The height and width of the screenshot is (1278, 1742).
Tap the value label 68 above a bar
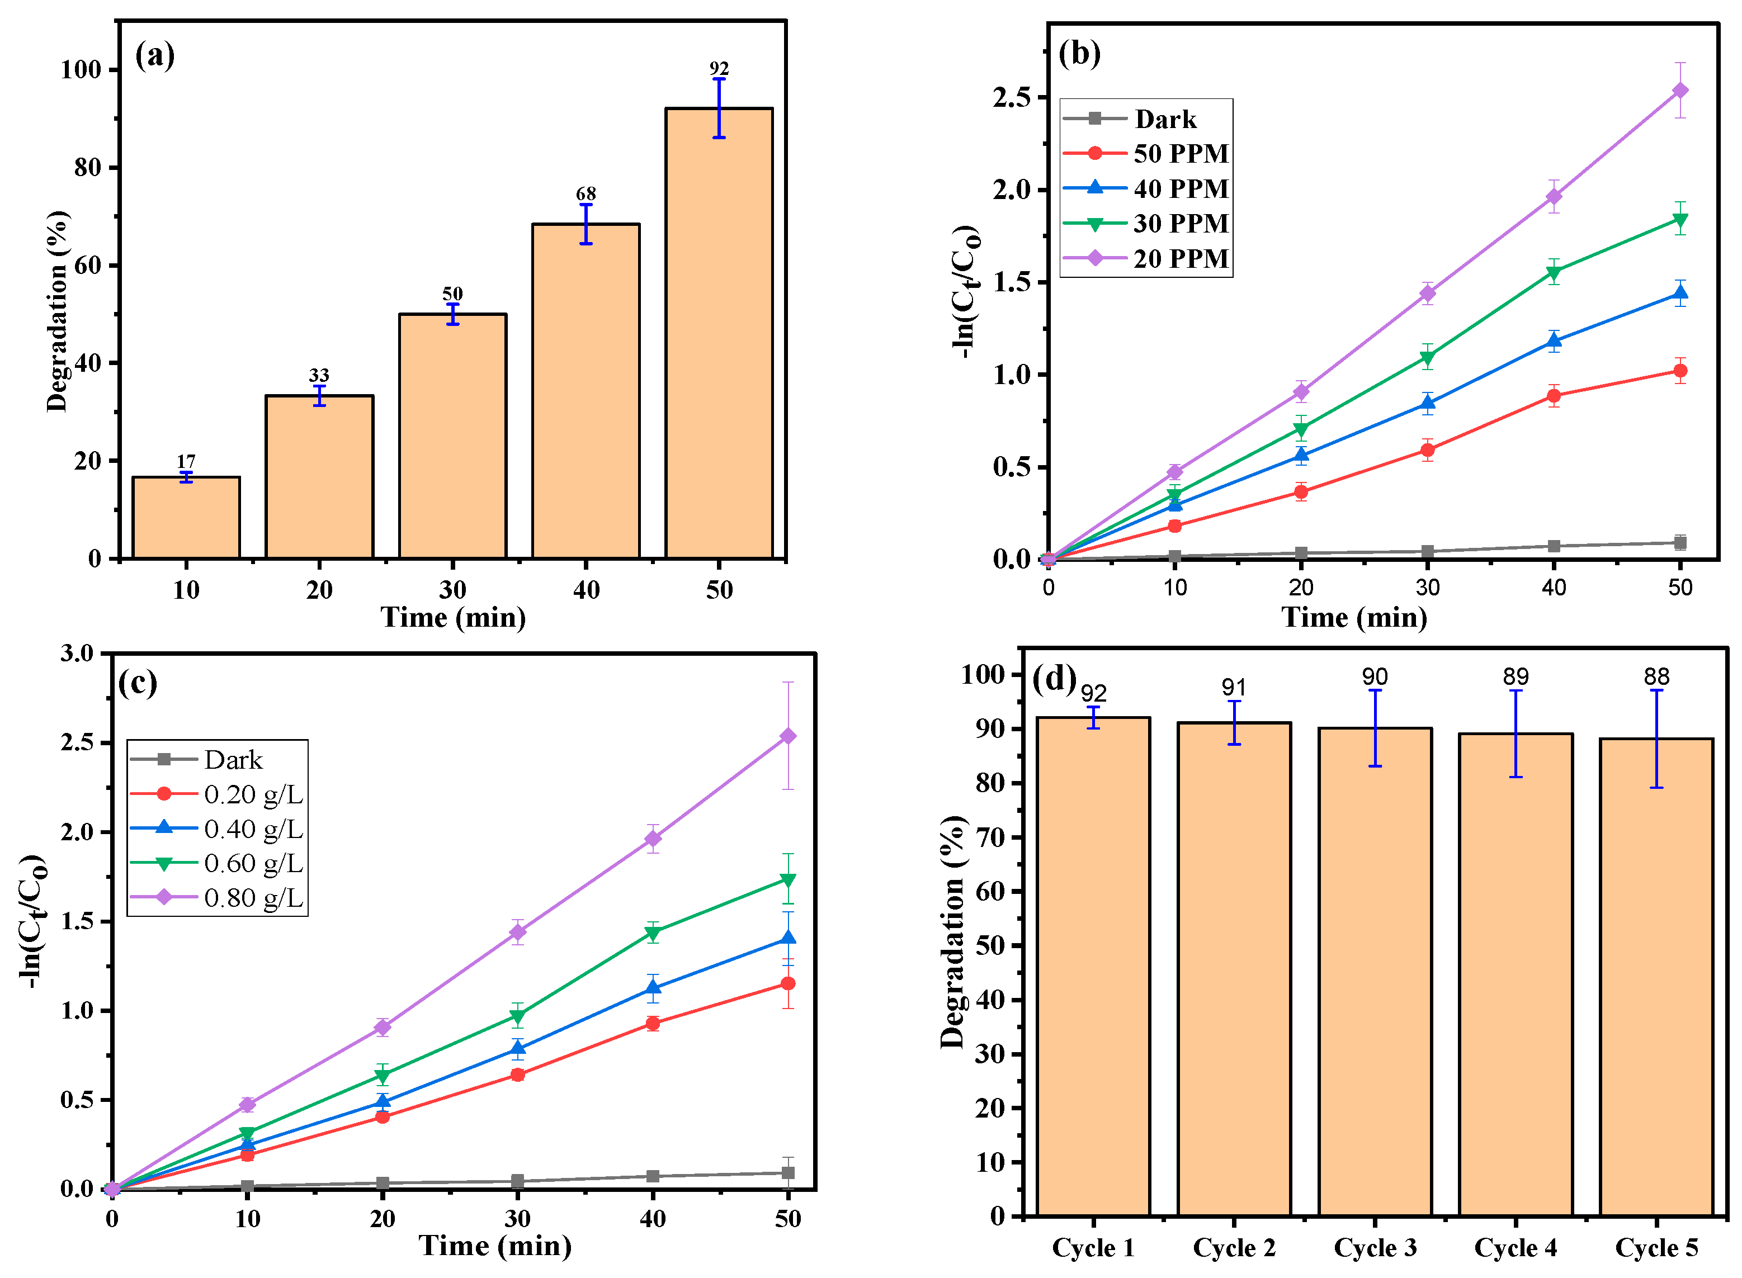[x=586, y=193]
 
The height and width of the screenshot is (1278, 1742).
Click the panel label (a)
[x=155, y=56]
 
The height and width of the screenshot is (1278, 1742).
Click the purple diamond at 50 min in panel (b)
[x=1680, y=91]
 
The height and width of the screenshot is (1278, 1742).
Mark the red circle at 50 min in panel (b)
[x=1680, y=371]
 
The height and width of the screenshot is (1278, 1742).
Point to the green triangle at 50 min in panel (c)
[x=788, y=879]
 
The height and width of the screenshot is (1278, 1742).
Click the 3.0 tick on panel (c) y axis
[x=77, y=653]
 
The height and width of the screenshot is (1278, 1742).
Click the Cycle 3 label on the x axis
[x=1375, y=1248]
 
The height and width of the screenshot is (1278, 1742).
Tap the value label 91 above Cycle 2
[x=1234, y=687]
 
